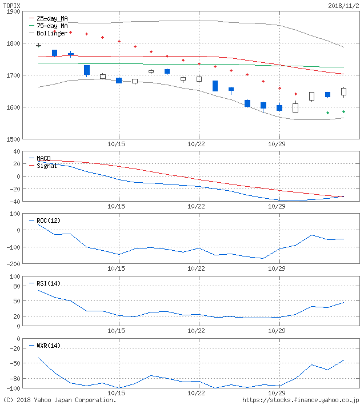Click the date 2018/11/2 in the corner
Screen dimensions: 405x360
[343, 5]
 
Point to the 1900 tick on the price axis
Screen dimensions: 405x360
[13, 12]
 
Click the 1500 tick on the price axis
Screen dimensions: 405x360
[13, 139]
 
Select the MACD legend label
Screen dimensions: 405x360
[43, 158]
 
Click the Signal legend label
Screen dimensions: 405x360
[46, 166]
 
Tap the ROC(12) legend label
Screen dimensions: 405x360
[48, 220]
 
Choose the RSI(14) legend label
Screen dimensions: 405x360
[48, 283]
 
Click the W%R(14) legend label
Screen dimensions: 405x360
[48, 345]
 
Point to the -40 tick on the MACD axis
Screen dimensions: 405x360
[14, 202]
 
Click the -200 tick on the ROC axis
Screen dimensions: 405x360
[11, 264]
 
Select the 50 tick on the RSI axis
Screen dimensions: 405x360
[17, 301]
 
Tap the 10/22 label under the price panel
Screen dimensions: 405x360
[197, 144]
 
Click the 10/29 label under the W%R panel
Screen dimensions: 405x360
[277, 393]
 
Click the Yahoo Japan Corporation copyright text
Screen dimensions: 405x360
[59, 400]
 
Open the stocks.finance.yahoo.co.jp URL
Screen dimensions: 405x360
[301, 400]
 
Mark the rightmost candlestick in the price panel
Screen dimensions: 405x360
[343, 91]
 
